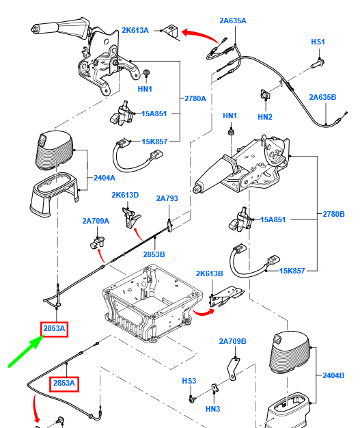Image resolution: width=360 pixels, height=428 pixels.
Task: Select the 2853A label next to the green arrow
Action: point(55,329)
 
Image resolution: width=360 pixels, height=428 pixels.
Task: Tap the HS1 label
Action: point(318,42)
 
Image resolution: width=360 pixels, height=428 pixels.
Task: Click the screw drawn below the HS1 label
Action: point(317,64)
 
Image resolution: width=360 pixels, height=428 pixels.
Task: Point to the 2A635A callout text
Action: point(233,21)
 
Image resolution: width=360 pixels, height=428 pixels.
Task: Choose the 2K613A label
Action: point(135,30)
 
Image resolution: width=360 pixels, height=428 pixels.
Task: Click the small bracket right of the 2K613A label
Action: point(170,30)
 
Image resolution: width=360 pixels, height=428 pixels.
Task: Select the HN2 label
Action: point(265,117)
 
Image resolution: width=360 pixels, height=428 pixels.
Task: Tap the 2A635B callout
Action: point(322,97)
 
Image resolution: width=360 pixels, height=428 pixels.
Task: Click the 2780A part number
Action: point(195,98)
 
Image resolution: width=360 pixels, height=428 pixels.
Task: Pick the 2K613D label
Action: point(126,195)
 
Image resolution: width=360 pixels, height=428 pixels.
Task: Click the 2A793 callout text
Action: point(167,198)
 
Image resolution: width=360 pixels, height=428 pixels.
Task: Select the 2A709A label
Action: point(96,221)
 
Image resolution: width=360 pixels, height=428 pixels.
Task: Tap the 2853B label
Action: point(154,254)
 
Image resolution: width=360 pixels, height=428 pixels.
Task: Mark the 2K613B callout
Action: point(210,273)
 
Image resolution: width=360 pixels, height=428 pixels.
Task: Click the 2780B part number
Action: point(334,215)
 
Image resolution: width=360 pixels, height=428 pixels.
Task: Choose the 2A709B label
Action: point(232,341)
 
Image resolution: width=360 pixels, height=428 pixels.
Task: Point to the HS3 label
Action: point(189,380)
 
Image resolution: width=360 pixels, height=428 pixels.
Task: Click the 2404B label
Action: point(334,375)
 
